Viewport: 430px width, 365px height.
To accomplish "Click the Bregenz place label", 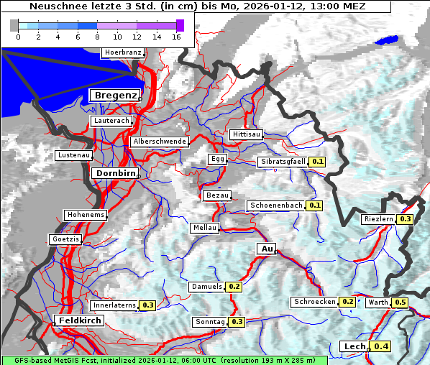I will pyautogui.click(x=114, y=96).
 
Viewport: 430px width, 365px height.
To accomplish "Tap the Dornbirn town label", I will pyautogui.click(x=114, y=173).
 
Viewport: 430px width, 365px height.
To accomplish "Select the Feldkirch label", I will pyautogui.click(x=79, y=320).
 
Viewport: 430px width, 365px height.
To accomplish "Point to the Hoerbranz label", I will pyautogui.click(x=122, y=52).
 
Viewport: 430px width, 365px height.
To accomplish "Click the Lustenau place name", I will pyautogui.click(x=74, y=155).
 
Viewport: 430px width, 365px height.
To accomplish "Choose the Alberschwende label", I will pyautogui.click(x=160, y=142).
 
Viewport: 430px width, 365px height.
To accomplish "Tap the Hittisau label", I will pyautogui.click(x=247, y=135).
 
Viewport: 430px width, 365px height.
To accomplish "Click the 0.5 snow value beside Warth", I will pyautogui.click(x=401, y=303).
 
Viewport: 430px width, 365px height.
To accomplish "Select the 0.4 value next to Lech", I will pyautogui.click(x=381, y=347).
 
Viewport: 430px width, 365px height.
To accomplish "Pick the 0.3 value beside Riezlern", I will pyautogui.click(x=406, y=219).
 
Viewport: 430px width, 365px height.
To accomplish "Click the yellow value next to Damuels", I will pyautogui.click(x=234, y=287).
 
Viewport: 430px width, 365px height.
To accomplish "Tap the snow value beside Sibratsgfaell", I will pyautogui.click(x=317, y=162).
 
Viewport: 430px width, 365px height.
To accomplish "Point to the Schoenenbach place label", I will pyautogui.click(x=276, y=205).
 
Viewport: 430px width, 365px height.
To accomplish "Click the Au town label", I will pyautogui.click(x=266, y=249).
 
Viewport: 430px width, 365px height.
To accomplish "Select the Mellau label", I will pyautogui.click(x=204, y=228).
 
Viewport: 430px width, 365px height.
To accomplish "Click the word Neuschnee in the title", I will pyautogui.click(x=58, y=7).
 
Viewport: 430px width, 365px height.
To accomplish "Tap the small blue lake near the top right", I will pyautogui.click(x=387, y=41).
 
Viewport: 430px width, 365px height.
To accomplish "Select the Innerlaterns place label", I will pyautogui.click(x=114, y=305).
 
